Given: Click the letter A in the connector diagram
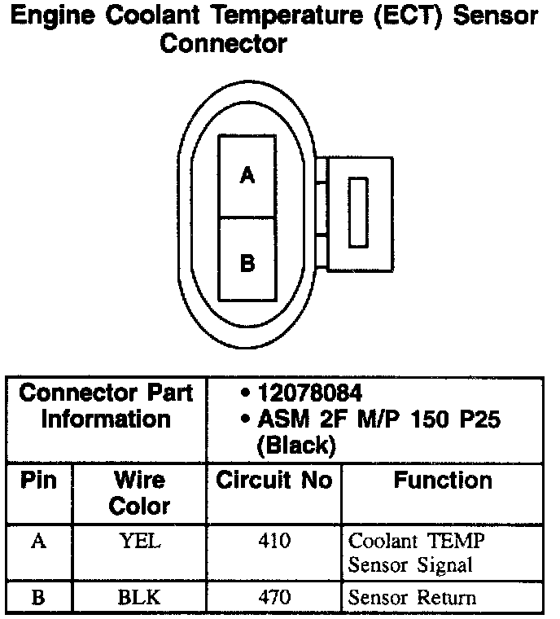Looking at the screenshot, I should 248,174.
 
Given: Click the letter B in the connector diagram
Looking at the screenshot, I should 248,263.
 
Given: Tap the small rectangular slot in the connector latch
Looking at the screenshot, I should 357,212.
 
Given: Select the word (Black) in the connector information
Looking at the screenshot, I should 295,446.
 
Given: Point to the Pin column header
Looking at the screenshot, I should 38,481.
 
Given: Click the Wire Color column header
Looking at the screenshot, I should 139,493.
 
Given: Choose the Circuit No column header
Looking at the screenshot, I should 273,481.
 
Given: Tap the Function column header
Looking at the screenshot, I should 443,481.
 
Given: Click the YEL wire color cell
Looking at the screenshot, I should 139,541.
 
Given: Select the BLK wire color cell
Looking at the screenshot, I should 139,598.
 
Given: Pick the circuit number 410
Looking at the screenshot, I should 273,541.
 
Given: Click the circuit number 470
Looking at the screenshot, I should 273,598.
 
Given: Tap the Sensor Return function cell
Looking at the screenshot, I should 412,598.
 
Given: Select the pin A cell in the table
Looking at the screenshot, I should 38,541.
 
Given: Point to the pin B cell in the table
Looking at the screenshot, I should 38,598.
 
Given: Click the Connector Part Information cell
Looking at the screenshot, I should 106,406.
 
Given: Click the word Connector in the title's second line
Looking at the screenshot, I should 223,43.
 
